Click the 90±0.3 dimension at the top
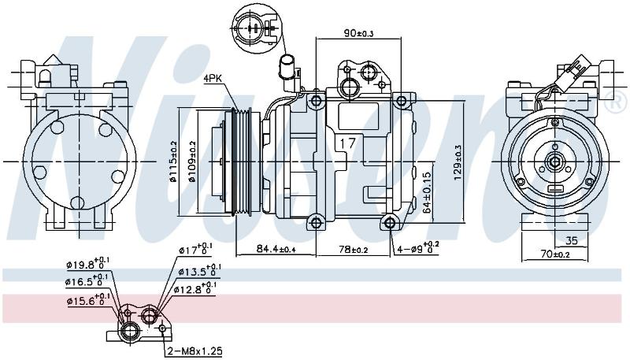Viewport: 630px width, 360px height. pyautogui.click(x=358, y=33)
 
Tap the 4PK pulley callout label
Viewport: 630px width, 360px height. pyautogui.click(x=211, y=78)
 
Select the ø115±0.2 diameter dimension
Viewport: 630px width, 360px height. pyautogui.click(x=173, y=161)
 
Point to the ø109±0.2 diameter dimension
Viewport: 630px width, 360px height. pyautogui.click(x=191, y=161)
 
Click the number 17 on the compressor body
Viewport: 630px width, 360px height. pyautogui.click(x=347, y=143)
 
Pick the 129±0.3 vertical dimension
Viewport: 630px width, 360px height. pyautogui.click(x=458, y=162)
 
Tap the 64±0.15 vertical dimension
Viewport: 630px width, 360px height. pyautogui.click(x=427, y=192)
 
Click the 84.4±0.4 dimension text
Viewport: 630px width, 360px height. pyautogui.click(x=276, y=249)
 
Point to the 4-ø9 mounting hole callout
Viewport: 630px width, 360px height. pyautogui.click(x=418, y=248)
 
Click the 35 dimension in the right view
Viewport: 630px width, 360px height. pyautogui.click(x=571, y=241)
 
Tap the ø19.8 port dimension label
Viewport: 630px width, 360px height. pyautogui.click(x=87, y=263)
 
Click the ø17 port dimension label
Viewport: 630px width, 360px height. pyautogui.click(x=195, y=249)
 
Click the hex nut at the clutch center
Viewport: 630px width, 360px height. pyautogui.click(x=555, y=162)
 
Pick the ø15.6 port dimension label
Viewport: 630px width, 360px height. pyautogui.click(x=86, y=299)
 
